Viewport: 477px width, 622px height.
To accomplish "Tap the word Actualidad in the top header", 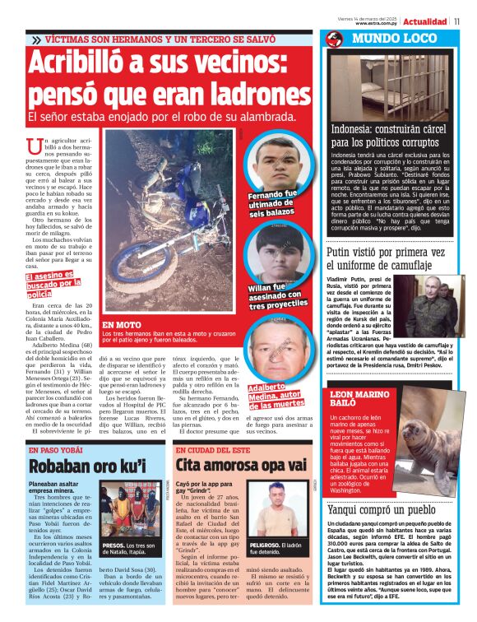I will tap(424, 21).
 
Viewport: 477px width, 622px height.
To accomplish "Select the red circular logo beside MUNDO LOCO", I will tap(334, 39).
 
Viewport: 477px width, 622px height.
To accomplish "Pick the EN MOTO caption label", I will tap(118, 325).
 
